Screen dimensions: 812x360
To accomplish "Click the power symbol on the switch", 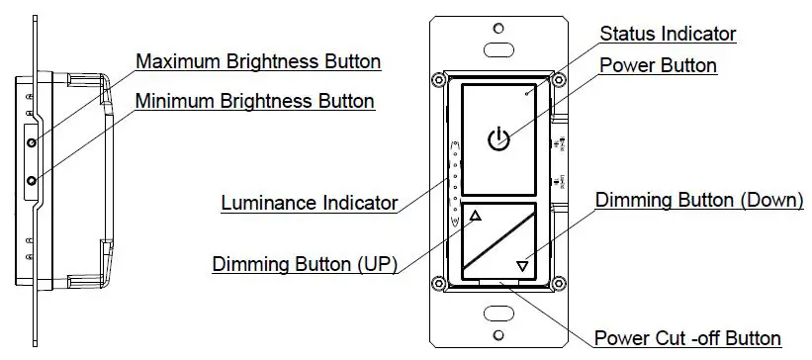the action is [x=499, y=139].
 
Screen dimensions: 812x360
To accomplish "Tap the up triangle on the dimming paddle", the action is [x=475, y=217].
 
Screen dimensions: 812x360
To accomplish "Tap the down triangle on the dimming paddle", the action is [x=522, y=265].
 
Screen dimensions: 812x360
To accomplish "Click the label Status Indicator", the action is [x=668, y=34].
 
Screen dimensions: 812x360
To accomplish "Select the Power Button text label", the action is [x=659, y=65].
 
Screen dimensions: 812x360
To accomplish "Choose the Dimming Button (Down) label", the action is [x=699, y=200].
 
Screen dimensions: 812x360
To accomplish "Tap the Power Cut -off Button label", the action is [x=688, y=339].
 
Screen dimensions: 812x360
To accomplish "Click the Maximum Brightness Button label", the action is [x=257, y=61].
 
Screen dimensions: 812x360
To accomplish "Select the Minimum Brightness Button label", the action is [x=254, y=101].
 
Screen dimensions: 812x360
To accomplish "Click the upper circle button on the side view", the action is [x=33, y=143].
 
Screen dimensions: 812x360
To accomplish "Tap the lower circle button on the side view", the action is [x=33, y=180].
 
